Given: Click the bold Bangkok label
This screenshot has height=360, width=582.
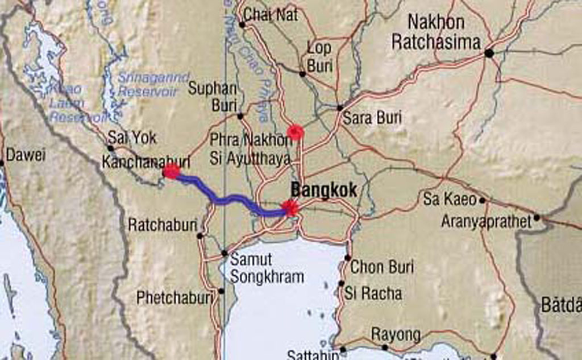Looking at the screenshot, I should pyautogui.click(x=323, y=190).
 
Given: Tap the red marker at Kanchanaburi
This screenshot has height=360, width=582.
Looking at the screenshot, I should pyautogui.click(x=171, y=171).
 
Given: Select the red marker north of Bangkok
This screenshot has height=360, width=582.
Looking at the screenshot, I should pyautogui.click(x=295, y=132).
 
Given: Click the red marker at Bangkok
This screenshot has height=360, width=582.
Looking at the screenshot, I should pyautogui.click(x=290, y=208).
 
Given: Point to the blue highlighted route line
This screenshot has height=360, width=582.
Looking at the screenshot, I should pyautogui.click(x=227, y=199).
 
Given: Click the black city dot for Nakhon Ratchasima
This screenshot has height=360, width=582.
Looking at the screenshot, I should pyautogui.click(x=488, y=53).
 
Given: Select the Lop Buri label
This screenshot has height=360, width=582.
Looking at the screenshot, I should pyautogui.click(x=319, y=56).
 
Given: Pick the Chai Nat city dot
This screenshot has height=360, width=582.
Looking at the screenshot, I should pyautogui.click(x=242, y=24).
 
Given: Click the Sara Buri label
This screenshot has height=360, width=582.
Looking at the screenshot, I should pyautogui.click(x=372, y=118).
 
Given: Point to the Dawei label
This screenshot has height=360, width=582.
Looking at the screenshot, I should pyautogui.click(x=25, y=155).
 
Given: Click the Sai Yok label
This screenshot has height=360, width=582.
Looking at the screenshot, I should pyautogui.click(x=132, y=138).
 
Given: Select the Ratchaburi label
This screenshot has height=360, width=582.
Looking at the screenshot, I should pyautogui.click(x=162, y=225).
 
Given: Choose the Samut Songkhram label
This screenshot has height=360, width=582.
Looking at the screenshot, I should pyautogui.click(x=266, y=268).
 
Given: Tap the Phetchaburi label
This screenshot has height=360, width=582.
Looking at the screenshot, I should pyautogui.click(x=174, y=297).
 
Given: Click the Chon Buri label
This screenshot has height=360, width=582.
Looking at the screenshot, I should pyautogui.click(x=382, y=266).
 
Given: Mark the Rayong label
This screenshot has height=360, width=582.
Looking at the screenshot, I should pyautogui.click(x=396, y=334).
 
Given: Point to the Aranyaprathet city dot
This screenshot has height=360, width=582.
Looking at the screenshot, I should pyautogui.click(x=537, y=217).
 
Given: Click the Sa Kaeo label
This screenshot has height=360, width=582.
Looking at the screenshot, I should pyautogui.click(x=450, y=199).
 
